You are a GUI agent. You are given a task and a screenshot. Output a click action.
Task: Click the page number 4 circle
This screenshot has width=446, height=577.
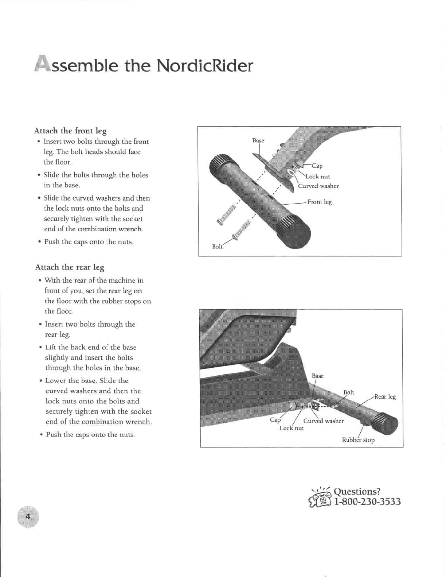[x=27, y=517]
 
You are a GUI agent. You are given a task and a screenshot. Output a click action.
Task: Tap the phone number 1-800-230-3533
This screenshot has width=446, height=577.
[x=367, y=502]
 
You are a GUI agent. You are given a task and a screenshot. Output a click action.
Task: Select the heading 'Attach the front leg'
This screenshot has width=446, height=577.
[x=70, y=131]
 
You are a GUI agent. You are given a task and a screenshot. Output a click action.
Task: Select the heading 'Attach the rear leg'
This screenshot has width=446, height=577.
[x=70, y=267]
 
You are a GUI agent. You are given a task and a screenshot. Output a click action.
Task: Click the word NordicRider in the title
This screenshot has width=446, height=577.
[x=204, y=66]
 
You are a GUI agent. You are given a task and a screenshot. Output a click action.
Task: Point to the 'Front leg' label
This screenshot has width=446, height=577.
[x=319, y=202]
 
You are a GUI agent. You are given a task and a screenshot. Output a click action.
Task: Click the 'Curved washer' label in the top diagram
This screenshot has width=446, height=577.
[x=318, y=186]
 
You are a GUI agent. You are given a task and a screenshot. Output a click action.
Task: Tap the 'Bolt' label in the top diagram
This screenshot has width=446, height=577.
[x=217, y=247]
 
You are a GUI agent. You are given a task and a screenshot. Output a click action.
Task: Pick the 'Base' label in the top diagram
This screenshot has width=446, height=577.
[x=258, y=140]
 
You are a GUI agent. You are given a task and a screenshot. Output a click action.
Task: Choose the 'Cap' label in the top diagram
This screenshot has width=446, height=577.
[x=317, y=166]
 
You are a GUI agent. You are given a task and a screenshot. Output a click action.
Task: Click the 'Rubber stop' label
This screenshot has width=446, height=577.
[x=358, y=440]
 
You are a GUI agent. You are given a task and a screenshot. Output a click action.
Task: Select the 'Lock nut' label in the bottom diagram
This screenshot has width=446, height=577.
[x=292, y=428]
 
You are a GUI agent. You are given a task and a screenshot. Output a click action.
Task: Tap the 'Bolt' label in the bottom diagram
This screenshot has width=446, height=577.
[x=349, y=392]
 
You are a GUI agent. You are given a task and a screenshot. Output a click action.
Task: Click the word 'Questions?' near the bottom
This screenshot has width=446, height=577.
[x=357, y=491]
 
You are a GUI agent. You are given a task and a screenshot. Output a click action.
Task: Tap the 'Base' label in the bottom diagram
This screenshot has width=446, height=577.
[x=317, y=376]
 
